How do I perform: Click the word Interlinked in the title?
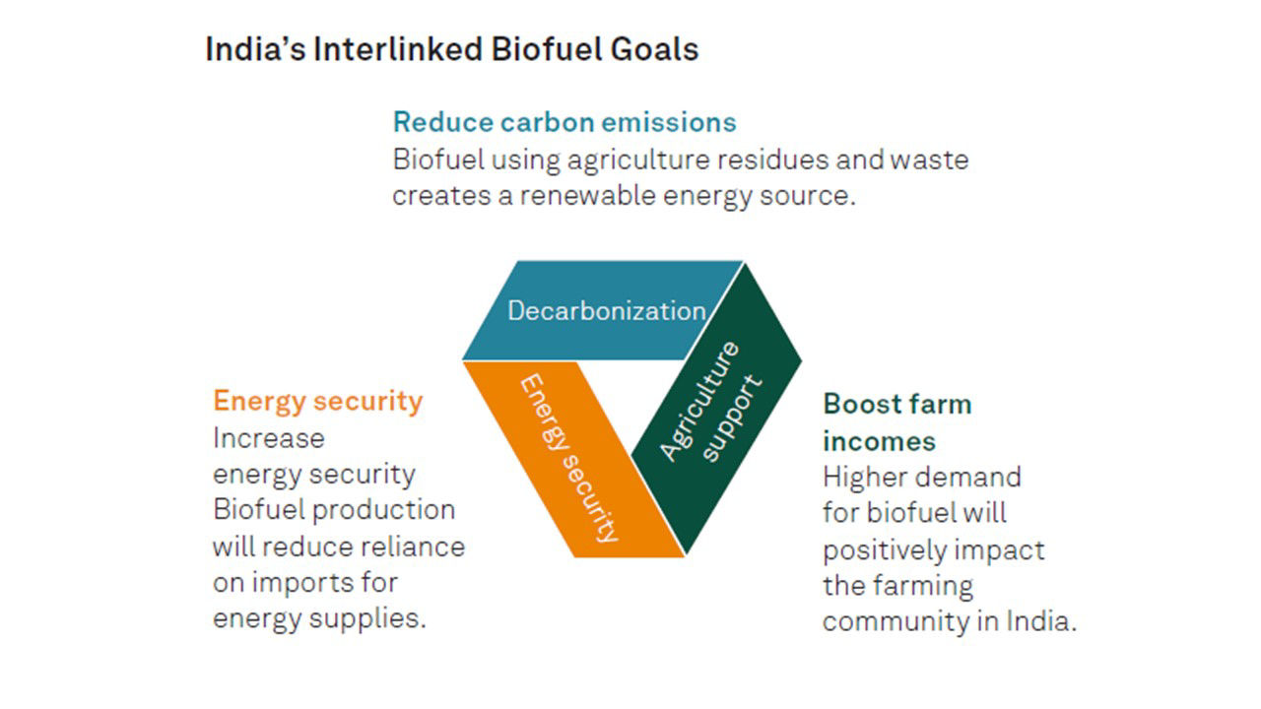[x=398, y=49]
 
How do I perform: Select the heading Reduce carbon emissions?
[x=564, y=122]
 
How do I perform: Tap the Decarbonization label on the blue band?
[x=606, y=310]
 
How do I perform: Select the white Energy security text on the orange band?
[x=569, y=458]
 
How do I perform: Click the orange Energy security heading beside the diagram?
[x=317, y=402]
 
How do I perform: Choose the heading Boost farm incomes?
[x=897, y=422]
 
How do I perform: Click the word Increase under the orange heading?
[x=269, y=438]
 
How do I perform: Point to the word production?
[x=383, y=511]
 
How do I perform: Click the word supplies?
[x=367, y=619]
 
